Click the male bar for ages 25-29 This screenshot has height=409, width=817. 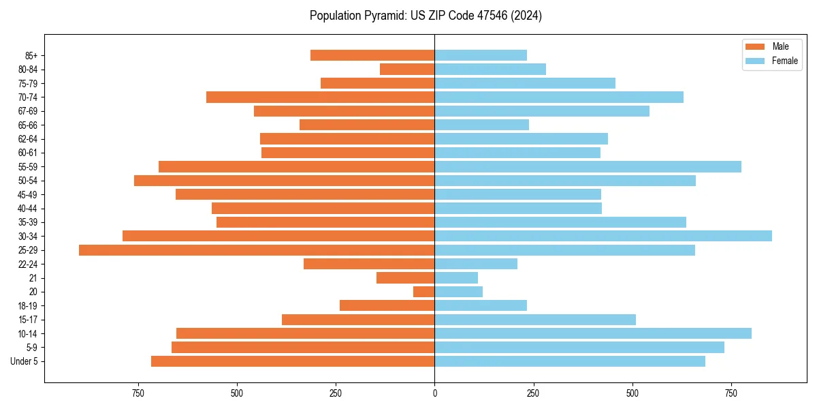(x=257, y=250)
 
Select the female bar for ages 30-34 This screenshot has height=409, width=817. (x=603, y=236)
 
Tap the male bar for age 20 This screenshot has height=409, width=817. (x=423, y=292)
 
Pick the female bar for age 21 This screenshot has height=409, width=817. (x=456, y=278)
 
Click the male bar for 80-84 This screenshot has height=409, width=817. (x=407, y=70)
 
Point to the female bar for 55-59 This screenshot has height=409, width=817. (x=588, y=167)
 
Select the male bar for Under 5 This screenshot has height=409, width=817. (x=293, y=361)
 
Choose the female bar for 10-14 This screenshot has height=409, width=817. (x=593, y=333)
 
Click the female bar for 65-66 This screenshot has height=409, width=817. (x=481, y=125)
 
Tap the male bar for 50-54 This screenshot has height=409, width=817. (x=284, y=181)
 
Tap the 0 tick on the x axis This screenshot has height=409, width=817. (x=434, y=394)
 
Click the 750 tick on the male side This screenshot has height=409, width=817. (x=138, y=394)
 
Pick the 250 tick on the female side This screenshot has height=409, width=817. (x=533, y=394)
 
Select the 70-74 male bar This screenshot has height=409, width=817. (x=320, y=97)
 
